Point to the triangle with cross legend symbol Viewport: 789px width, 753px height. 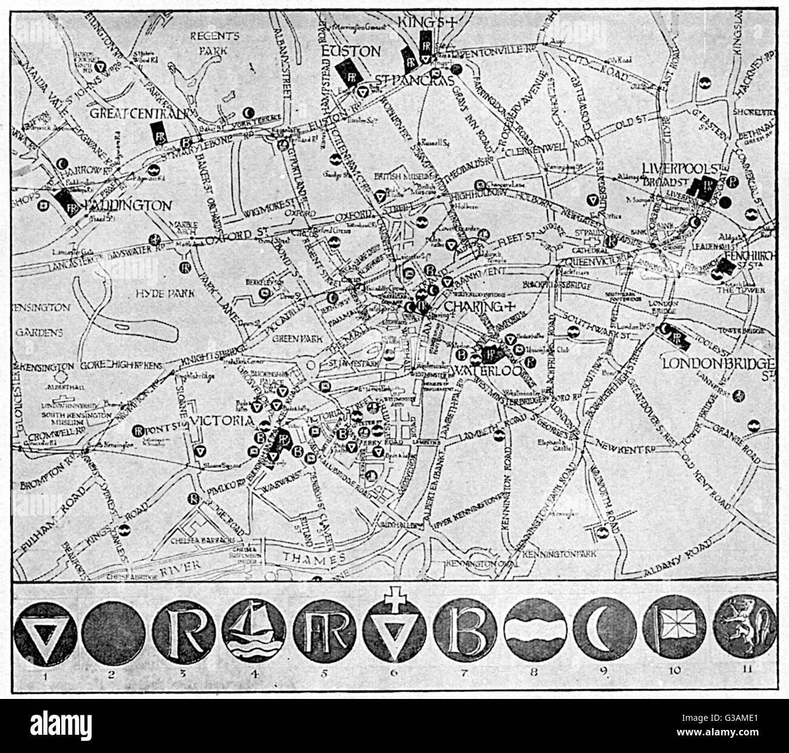click(391, 630)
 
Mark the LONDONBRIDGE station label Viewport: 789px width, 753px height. click(718, 363)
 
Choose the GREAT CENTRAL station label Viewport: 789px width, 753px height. click(137, 113)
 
